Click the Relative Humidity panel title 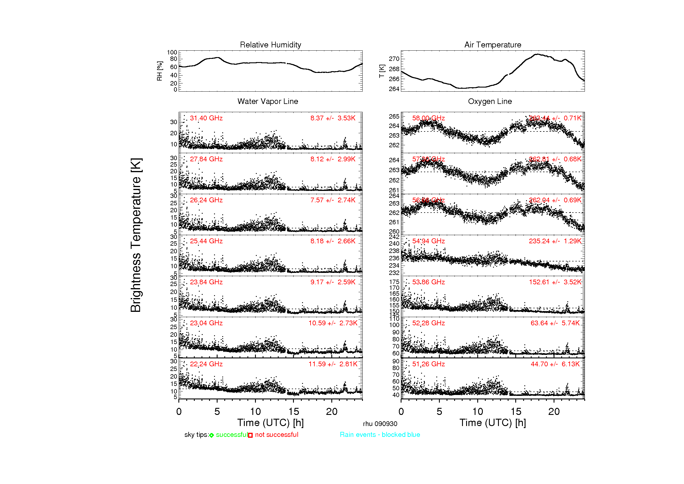(x=271, y=45)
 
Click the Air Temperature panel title (x=493, y=45)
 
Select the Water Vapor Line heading (x=268, y=101)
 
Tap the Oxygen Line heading (x=490, y=101)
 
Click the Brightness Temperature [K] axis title (x=136, y=235)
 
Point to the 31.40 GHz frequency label (x=206, y=118)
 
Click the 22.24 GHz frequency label (x=206, y=364)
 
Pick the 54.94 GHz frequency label (x=428, y=241)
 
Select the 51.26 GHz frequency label (x=428, y=364)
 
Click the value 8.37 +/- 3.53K (x=333, y=118)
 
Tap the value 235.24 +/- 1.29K (x=555, y=241)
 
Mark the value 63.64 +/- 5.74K (x=555, y=323)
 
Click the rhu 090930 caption (x=380, y=424)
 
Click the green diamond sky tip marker (x=211, y=435)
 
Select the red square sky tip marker (x=250, y=435)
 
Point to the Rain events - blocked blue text (x=380, y=435)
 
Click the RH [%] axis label (x=160, y=71)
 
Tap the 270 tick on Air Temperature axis (x=394, y=59)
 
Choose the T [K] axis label (x=382, y=71)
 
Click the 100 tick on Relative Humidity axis (x=172, y=52)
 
